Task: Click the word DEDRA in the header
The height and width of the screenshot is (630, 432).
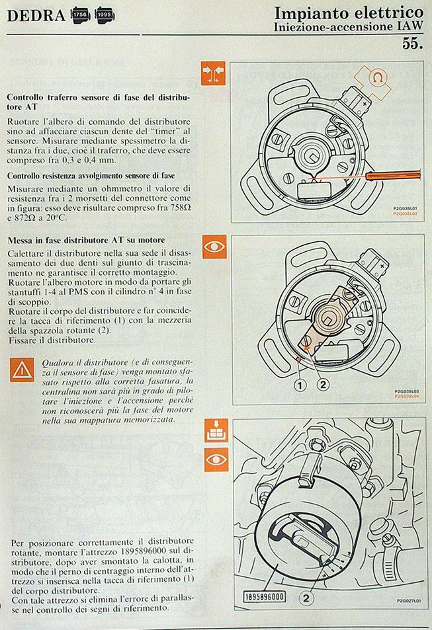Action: pyautogui.click(x=36, y=16)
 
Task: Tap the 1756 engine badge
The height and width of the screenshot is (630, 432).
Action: pyautogui.click(x=81, y=15)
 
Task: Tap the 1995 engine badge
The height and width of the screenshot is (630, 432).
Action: pyautogui.click(x=105, y=15)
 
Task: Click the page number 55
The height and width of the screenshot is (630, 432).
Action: pyautogui.click(x=412, y=44)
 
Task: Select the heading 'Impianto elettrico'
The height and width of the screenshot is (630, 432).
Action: pyautogui.click(x=349, y=13)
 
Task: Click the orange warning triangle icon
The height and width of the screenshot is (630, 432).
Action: pyautogui.click(x=22, y=370)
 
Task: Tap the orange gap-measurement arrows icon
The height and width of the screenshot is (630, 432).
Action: pyautogui.click(x=213, y=73)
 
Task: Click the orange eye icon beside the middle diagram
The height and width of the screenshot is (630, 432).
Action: pyautogui.click(x=215, y=247)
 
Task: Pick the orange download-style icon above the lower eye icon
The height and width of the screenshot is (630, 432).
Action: pyautogui.click(x=216, y=430)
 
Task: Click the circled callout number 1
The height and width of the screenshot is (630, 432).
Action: pyautogui.click(x=300, y=385)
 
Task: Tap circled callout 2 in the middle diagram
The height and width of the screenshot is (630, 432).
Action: pyautogui.click(x=323, y=385)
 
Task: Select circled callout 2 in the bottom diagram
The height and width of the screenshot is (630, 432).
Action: pyautogui.click(x=306, y=598)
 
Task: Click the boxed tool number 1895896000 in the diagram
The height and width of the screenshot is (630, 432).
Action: pyautogui.click(x=265, y=597)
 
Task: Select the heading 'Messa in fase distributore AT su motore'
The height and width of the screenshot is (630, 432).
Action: pyautogui.click(x=87, y=240)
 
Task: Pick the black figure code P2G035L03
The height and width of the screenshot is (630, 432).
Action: pyautogui.click(x=407, y=391)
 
